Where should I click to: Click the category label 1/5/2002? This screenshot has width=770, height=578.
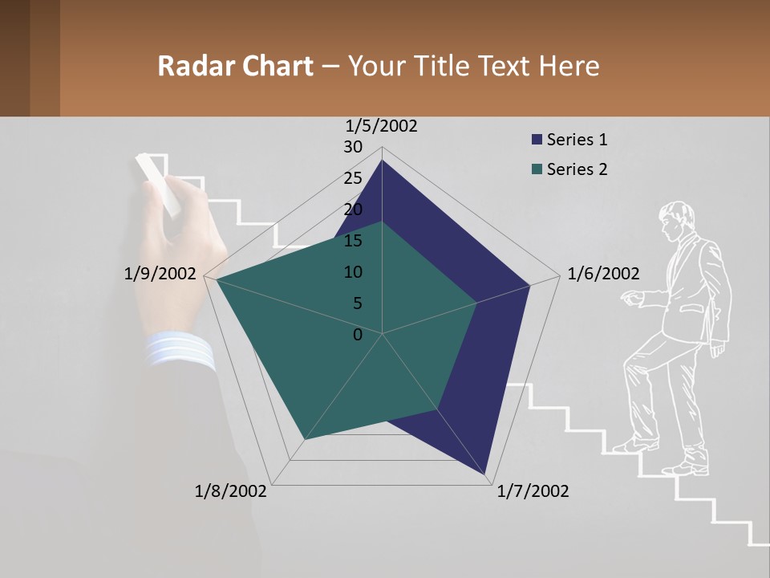(382, 126)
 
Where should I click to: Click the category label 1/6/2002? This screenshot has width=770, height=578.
(603, 274)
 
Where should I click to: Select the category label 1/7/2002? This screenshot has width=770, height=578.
(533, 491)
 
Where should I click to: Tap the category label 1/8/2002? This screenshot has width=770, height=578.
(231, 491)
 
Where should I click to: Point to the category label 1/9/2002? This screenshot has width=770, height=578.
(160, 274)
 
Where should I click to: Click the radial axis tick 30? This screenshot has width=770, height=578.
(353, 147)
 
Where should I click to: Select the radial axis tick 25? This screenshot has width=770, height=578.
(353, 178)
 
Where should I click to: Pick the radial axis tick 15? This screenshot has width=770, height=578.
(353, 241)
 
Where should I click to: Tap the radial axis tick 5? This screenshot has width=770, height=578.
(357, 303)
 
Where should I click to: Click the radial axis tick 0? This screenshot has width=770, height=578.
(358, 335)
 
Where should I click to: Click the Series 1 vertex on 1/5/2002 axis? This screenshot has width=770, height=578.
(382, 161)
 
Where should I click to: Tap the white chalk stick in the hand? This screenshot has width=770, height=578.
(158, 184)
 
